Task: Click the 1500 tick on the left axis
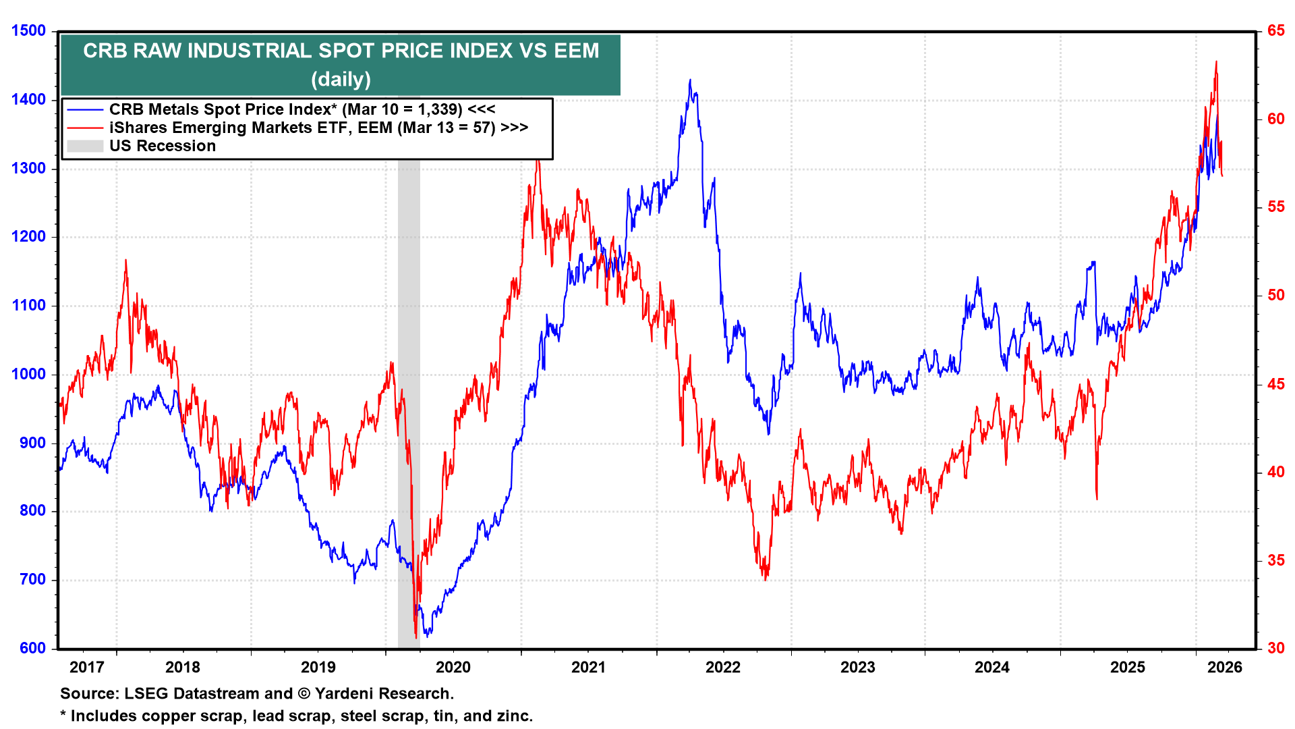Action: [x=28, y=31]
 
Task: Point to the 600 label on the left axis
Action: [x=32, y=649]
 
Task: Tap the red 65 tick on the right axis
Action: [x=1275, y=31]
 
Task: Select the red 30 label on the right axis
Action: [x=1275, y=649]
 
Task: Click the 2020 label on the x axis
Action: [x=453, y=668]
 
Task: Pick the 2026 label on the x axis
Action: [x=1225, y=668]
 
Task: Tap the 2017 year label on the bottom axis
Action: [x=87, y=668]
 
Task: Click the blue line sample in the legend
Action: [x=85, y=110]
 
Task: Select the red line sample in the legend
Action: [x=85, y=128]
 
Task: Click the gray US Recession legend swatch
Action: [x=85, y=146]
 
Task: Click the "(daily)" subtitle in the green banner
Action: [x=341, y=80]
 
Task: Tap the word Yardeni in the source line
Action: [x=344, y=694]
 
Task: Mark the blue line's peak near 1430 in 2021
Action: [x=690, y=80]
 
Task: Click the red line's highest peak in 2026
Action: [x=1216, y=61]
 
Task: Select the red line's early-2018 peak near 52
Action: [x=125, y=260]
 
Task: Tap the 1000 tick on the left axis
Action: [x=28, y=375]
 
